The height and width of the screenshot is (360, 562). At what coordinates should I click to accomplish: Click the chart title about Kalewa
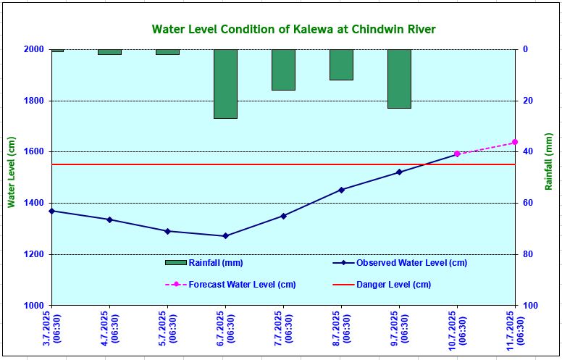(293, 30)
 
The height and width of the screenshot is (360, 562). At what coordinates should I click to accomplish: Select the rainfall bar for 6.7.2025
(225, 83)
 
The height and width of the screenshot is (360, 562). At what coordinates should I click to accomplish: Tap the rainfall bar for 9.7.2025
(399, 78)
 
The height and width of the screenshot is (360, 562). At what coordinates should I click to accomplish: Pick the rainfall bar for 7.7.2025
(283, 70)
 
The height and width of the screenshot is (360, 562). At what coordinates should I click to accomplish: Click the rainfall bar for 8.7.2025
(341, 64)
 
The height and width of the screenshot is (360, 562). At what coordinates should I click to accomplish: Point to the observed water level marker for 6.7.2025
(225, 236)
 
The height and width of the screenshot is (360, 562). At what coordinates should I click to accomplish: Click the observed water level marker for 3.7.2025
(51, 211)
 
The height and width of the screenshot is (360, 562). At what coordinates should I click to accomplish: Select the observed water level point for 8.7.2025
(341, 190)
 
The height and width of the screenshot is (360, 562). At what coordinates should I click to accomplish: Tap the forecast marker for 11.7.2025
(515, 142)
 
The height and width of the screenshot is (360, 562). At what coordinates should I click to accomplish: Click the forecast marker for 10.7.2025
(457, 154)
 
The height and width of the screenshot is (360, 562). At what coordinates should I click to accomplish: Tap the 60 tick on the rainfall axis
(528, 204)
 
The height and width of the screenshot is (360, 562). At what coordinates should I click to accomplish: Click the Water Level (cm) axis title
(12, 172)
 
